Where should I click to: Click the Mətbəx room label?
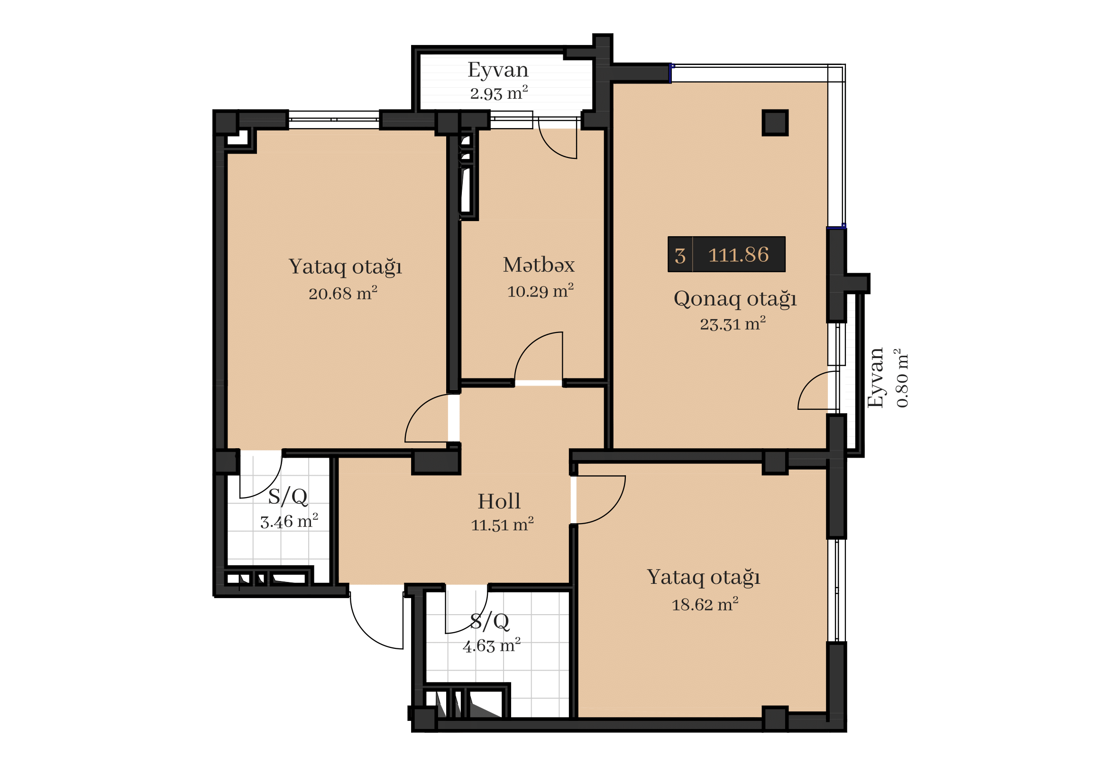[539, 265]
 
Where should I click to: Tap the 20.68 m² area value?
[343, 293]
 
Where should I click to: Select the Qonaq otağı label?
[734, 299]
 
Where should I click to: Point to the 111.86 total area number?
[738, 255]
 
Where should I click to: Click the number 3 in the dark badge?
[680, 256]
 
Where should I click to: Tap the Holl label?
[499, 501]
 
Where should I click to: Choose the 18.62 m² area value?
[705, 604]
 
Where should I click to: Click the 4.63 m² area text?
[492, 646]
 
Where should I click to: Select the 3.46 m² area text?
[289, 521]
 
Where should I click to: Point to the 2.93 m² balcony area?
[499, 93]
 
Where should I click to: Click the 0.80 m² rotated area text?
[902, 378]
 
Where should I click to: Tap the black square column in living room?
[775, 123]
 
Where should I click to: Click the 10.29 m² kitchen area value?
[540, 291]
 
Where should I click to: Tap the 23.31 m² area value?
[733, 323]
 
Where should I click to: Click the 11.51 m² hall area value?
[502, 525]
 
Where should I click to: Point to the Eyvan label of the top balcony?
[498, 70]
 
